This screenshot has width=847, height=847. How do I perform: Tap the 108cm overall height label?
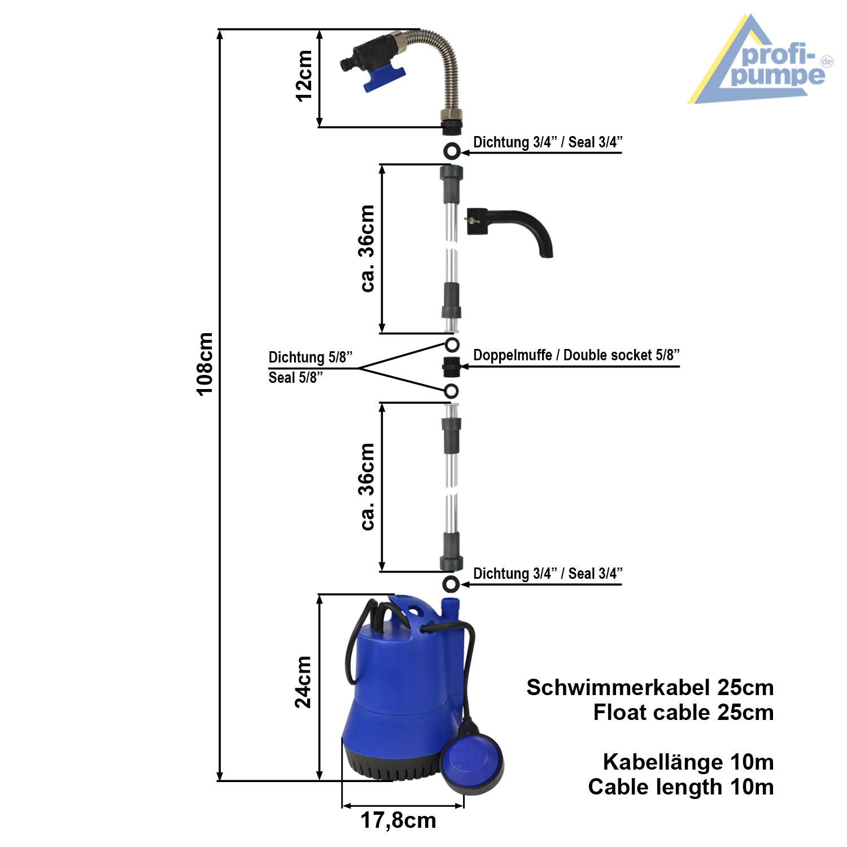[205, 364]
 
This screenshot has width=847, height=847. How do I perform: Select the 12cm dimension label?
[304, 76]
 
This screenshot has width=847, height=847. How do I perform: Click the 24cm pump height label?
[303, 682]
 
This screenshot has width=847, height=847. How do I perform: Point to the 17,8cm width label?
[398, 820]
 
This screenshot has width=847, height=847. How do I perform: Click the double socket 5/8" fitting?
[451, 367]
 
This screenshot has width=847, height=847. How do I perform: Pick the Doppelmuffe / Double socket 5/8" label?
[576, 355]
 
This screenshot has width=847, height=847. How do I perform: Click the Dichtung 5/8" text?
[310, 357]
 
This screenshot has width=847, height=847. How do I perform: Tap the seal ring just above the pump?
[451, 584]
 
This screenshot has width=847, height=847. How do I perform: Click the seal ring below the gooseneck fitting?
[451, 151]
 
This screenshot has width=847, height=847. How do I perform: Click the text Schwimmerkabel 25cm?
[650, 688]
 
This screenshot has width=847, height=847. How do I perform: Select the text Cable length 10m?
[680, 787]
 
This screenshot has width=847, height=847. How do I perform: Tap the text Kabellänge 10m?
[688, 762]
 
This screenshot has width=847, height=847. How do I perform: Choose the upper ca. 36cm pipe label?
[367, 248]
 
